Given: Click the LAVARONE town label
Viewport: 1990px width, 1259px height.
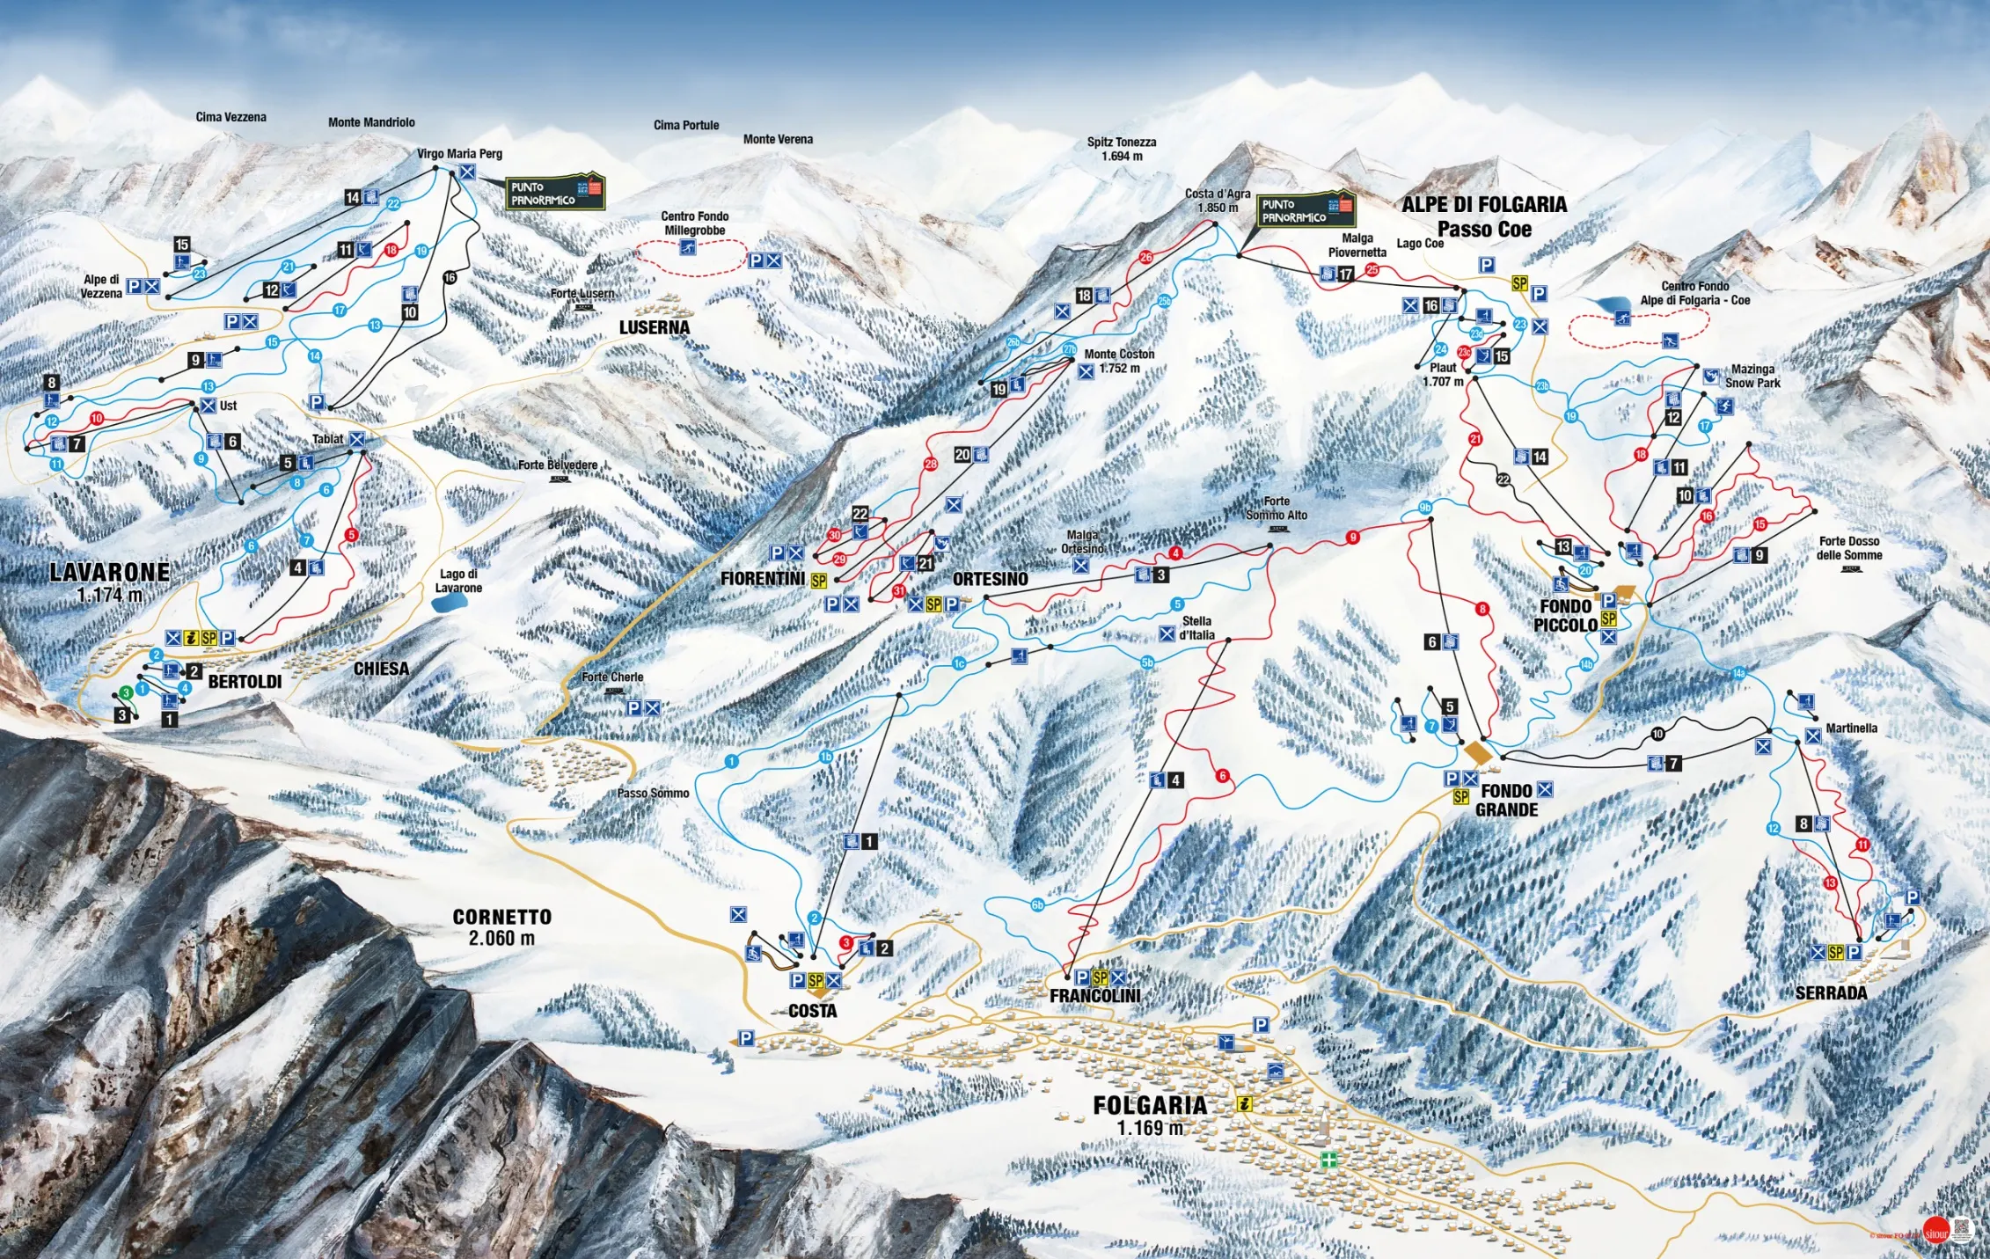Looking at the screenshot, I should tap(110, 573).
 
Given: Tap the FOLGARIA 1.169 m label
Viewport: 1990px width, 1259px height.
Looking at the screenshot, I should tap(1150, 1115).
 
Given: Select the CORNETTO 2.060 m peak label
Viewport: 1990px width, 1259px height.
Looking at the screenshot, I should tap(501, 926).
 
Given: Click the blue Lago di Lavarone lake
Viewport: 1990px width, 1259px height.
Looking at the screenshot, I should tap(450, 603).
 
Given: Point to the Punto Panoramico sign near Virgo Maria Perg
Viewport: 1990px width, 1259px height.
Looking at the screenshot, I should tap(555, 193).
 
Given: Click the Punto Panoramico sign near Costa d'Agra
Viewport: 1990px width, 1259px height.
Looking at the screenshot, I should tap(1306, 210).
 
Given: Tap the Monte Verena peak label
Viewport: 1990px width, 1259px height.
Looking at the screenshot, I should tap(778, 139).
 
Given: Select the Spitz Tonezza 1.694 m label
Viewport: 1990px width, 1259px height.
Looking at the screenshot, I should tap(1121, 149).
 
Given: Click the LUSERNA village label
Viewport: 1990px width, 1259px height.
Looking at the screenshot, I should tap(654, 327).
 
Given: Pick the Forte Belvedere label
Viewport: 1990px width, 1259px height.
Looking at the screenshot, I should tap(558, 465).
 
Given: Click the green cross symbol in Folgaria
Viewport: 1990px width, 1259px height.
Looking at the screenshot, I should tap(1328, 1160).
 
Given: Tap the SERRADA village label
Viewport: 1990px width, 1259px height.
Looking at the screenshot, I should tap(1831, 992).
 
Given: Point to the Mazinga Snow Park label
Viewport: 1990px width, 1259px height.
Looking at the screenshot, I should tap(1752, 376).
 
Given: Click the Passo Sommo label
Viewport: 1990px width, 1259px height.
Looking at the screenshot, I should tap(653, 793).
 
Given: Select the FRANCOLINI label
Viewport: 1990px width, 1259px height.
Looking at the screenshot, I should tap(1094, 995).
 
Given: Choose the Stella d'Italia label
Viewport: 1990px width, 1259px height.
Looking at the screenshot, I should tap(1196, 627).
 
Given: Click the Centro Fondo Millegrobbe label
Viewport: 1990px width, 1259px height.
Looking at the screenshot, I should tap(694, 223).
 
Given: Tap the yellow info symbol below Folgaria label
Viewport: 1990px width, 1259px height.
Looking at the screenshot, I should tap(1244, 1103).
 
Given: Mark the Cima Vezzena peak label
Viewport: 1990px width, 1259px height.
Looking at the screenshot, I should tap(230, 117).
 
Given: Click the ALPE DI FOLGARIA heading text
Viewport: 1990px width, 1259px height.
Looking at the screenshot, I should tap(1483, 205).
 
